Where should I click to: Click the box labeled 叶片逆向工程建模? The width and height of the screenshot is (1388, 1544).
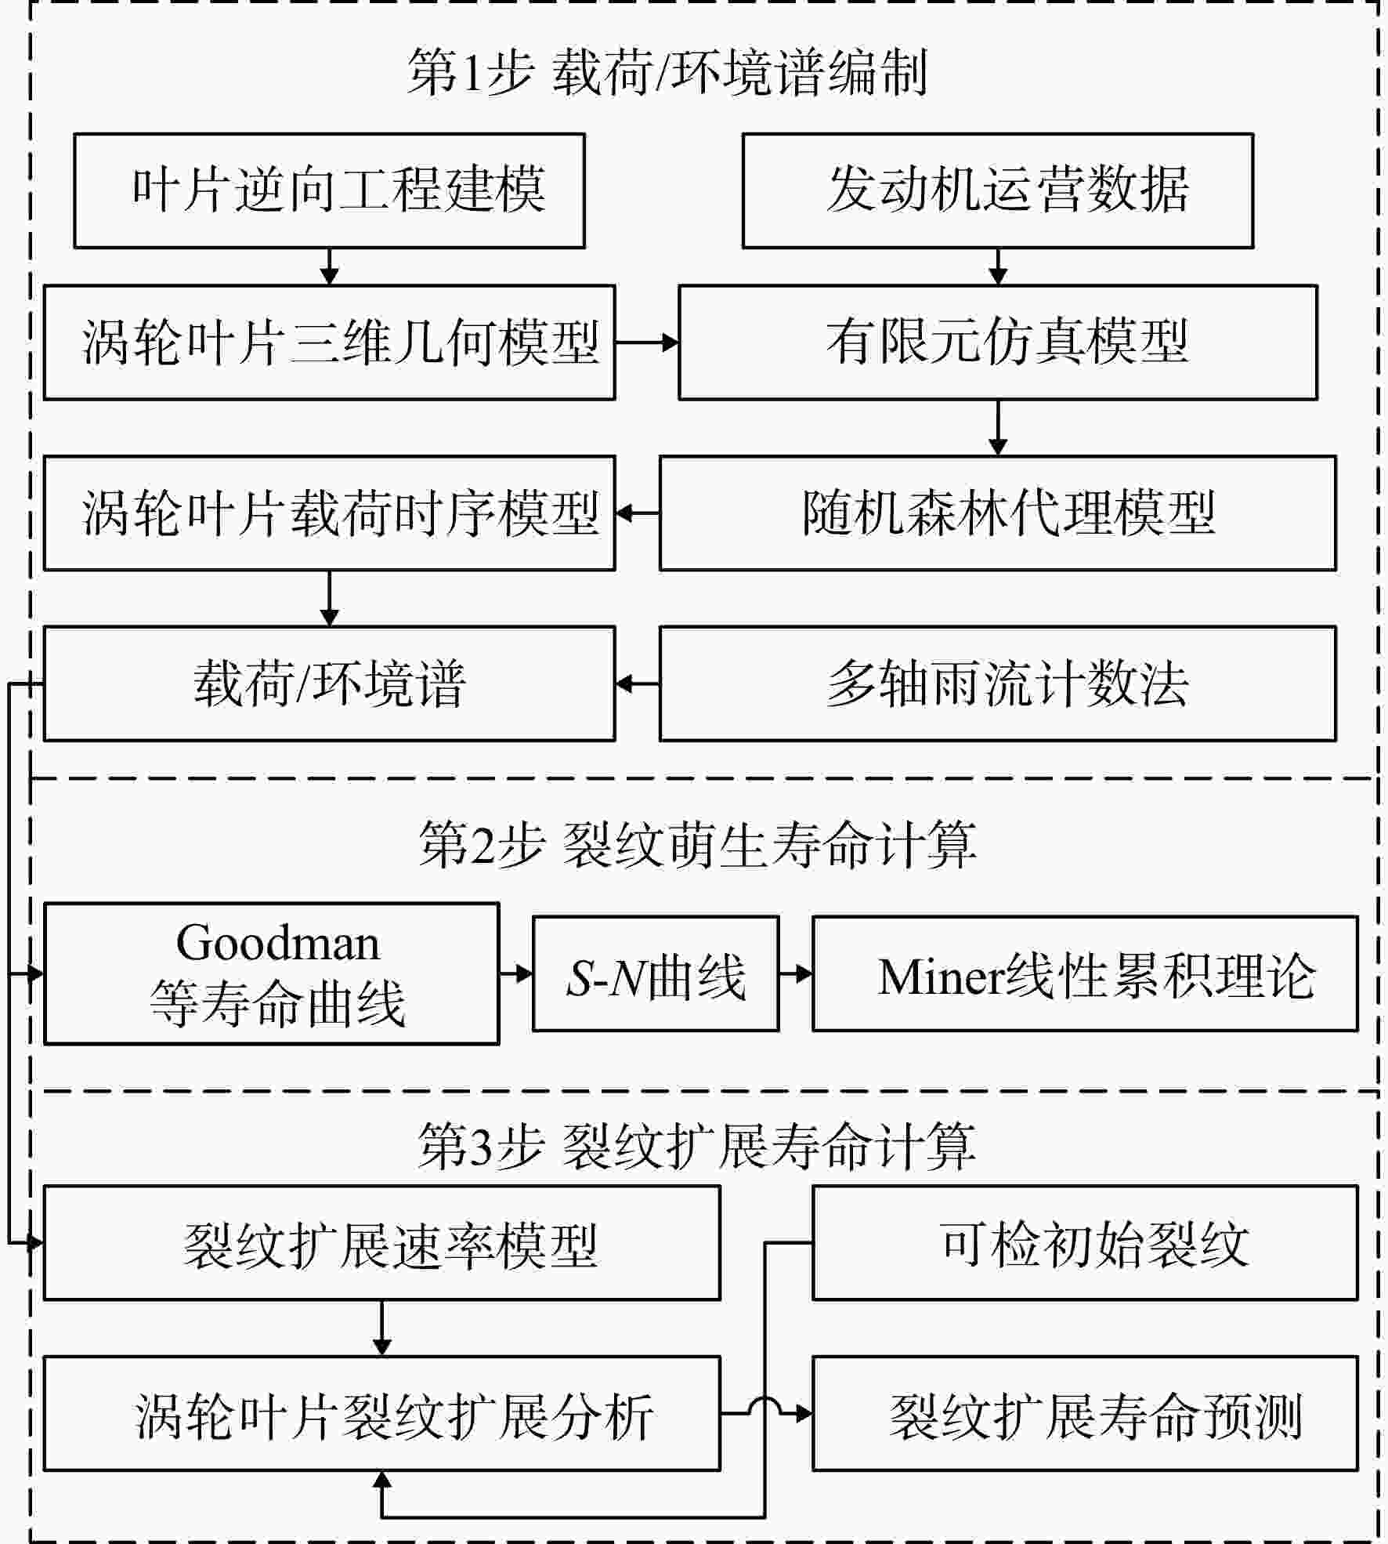click(329, 190)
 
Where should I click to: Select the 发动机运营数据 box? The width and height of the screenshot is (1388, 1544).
click(998, 190)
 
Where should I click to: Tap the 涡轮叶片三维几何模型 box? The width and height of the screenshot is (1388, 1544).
click(329, 343)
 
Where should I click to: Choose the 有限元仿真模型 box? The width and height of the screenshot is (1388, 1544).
click(998, 343)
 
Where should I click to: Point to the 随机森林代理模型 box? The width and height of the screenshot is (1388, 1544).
click(998, 513)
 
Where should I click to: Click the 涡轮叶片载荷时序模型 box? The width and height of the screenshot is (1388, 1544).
click(329, 513)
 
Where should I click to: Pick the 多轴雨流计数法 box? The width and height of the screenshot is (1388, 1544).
click(998, 683)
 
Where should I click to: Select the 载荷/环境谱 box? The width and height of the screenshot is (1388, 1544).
click(329, 683)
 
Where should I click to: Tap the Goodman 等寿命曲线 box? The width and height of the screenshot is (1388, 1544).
click(271, 974)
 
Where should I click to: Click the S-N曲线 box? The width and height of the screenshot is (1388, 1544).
click(656, 974)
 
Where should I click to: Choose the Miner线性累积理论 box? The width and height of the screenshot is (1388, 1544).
click(1085, 974)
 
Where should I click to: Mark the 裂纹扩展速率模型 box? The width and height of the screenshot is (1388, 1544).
click(381, 1243)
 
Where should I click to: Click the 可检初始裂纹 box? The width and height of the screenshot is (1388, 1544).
click(1085, 1243)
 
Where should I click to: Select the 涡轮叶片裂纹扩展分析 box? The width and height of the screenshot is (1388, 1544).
click(381, 1414)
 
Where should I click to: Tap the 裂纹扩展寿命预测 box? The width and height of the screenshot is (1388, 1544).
click(1085, 1414)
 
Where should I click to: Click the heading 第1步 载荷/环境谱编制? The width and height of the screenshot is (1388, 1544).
click(667, 73)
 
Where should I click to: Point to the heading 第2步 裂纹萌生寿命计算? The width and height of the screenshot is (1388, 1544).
click(697, 845)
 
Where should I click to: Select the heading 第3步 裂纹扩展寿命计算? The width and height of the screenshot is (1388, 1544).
click(697, 1146)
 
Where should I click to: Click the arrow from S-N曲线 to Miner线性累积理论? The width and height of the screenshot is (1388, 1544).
click(796, 974)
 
